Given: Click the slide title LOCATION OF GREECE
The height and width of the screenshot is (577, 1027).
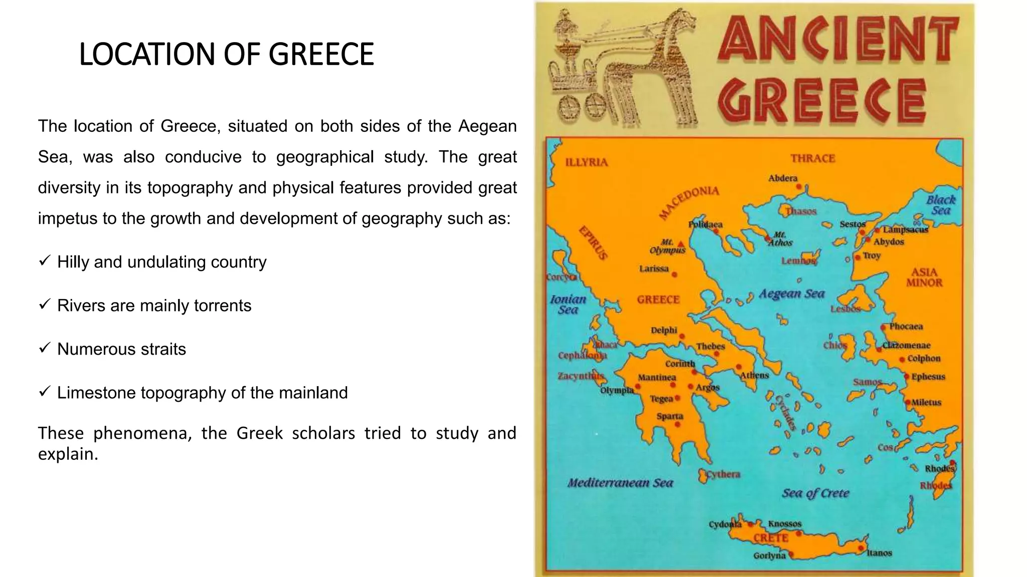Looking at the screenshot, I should pyautogui.click(x=226, y=54).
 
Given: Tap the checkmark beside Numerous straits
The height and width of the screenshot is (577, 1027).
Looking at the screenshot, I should pyautogui.click(x=44, y=348).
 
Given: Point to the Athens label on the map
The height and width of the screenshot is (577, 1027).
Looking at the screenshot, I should pyautogui.click(x=754, y=375).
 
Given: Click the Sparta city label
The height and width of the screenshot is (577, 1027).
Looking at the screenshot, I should pyautogui.click(x=670, y=416).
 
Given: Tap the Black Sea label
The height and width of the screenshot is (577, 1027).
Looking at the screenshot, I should pyautogui.click(x=941, y=205).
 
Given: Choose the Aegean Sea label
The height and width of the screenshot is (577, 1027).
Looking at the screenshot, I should pyautogui.click(x=791, y=294).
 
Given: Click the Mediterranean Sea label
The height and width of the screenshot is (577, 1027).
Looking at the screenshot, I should pyautogui.click(x=620, y=483).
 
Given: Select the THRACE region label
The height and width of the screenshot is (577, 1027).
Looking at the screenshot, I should pyautogui.click(x=813, y=158).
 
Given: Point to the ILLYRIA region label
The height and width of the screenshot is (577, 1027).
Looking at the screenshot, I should pyautogui.click(x=586, y=162).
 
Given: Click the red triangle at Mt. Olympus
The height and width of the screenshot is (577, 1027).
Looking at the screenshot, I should pyautogui.click(x=680, y=244).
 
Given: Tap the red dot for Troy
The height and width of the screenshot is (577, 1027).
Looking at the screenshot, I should pyautogui.click(x=858, y=257).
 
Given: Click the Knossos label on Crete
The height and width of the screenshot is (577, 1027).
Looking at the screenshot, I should pyautogui.click(x=785, y=523).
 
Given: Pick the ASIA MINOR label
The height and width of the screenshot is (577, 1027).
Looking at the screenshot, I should pyautogui.click(x=924, y=277).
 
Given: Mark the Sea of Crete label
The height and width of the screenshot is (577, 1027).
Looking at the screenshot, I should pyautogui.click(x=815, y=493).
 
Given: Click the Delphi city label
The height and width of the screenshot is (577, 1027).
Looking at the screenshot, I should pyautogui.click(x=663, y=330).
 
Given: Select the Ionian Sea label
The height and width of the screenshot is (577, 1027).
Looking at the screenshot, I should pyautogui.click(x=568, y=305).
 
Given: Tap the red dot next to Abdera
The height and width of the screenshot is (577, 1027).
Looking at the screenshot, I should pyautogui.click(x=799, y=187).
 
